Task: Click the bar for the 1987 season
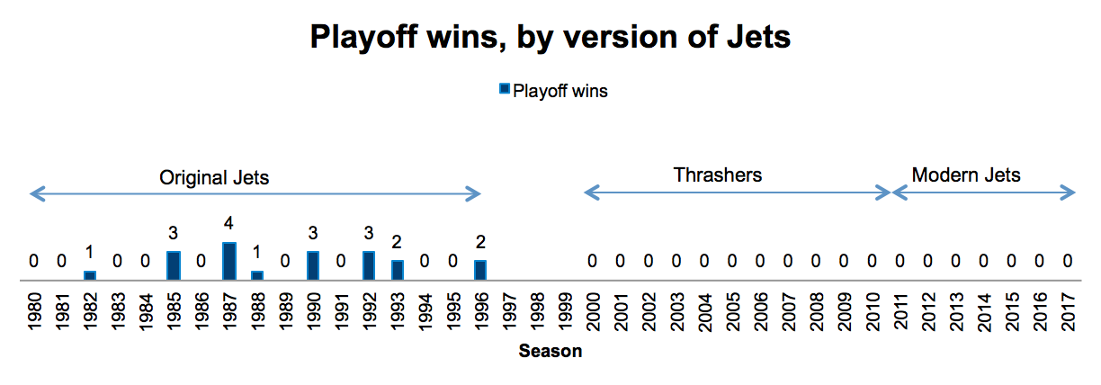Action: (x=229, y=261)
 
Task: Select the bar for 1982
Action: (x=89, y=275)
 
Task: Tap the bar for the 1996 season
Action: (x=480, y=270)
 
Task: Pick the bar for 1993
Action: (x=398, y=270)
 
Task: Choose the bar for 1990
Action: (x=313, y=265)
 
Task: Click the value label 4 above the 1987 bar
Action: (x=228, y=224)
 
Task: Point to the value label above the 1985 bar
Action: (x=173, y=233)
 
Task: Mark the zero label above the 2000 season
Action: (x=592, y=261)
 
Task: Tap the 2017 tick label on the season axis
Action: (x=1068, y=312)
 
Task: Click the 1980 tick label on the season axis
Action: (x=34, y=312)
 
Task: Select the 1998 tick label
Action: (x=537, y=312)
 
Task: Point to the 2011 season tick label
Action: (x=900, y=312)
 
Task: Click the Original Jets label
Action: (x=214, y=177)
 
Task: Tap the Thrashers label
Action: (x=718, y=175)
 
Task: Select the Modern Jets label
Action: (x=966, y=175)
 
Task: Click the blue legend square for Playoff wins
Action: (x=505, y=89)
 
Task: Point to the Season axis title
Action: (x=550, y=351)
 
